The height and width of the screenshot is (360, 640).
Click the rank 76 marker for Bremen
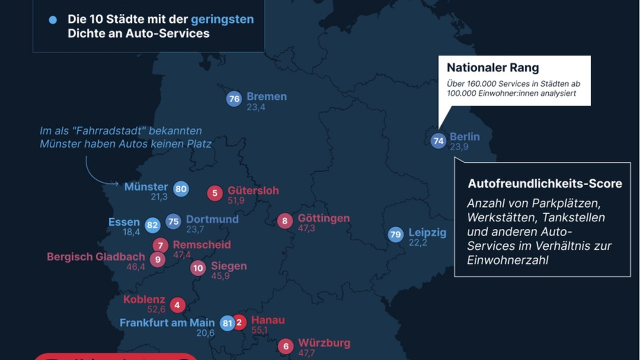234,99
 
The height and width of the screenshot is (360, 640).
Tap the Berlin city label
465,137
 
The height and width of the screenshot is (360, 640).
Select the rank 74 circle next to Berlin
438,141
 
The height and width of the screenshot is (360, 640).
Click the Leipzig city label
427,233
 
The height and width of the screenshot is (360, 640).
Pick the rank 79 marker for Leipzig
395,234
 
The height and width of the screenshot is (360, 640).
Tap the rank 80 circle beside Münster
181,189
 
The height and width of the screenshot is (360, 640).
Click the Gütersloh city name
253,190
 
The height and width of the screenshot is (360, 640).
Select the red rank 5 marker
214,193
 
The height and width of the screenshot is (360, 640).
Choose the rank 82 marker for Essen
153,225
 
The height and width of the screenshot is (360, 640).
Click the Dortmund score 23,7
195,230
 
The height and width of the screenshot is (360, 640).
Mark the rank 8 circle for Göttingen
285,221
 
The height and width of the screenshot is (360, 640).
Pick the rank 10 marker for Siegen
198,268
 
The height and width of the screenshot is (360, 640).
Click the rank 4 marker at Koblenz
177,305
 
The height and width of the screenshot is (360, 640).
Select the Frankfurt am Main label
167,323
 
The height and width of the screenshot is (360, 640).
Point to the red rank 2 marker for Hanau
239,322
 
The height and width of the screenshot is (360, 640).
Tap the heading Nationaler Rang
492,68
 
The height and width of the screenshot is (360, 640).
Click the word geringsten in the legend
222,20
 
